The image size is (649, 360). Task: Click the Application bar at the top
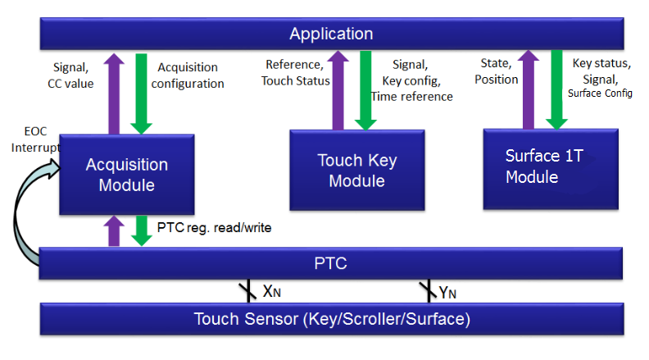coord(332,34)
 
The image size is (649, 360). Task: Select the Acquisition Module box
coord(127,175)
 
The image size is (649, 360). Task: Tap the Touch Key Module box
coord(357,171)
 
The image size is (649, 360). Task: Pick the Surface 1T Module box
coord(551,169)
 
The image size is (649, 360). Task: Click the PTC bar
coord(331,263)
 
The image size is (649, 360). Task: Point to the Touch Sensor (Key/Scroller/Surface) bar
coord(332,319)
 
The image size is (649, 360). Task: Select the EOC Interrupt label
coord(35,139)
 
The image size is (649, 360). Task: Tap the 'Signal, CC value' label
coord(70,75)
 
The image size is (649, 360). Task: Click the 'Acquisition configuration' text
coord(188,75)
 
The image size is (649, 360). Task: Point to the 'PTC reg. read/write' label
coord(214,227)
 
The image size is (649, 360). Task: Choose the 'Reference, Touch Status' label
coord(296,72)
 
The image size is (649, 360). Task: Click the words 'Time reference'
coord(412,97)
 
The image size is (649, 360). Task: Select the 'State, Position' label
coord(497,71)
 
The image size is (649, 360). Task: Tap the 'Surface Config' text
coord(600,93)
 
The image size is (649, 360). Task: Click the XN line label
coord(272,292)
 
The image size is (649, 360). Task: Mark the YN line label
coord(447,293)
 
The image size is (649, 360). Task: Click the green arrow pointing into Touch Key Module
coord(365,90)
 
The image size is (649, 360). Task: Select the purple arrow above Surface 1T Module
coord(529,89)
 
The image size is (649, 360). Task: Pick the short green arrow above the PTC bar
coord(142,230)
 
